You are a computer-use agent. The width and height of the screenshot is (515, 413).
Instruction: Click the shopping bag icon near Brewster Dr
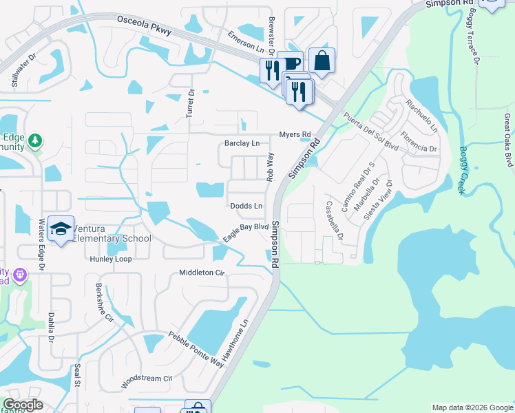click(x=322, y=60)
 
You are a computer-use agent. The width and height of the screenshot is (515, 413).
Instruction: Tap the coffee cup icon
click(x=291, y=63)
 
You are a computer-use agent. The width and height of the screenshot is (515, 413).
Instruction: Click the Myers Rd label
click(x=295, y=134)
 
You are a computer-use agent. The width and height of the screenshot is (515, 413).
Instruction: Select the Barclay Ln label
click(x=242, y=144)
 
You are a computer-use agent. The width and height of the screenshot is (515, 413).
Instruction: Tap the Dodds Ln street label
click(x=246, y=206)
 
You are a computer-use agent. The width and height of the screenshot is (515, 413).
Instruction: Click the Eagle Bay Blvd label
click(x=245, y=232)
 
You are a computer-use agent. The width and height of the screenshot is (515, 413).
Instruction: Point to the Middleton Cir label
click(x=202, y=273)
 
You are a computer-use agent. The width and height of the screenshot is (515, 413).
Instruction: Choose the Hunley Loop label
click(x=109, y=260)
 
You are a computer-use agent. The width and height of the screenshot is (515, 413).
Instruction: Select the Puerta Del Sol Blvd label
click(x=371, y=131)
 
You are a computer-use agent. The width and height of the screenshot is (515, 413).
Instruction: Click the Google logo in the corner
click(x=23, y=405)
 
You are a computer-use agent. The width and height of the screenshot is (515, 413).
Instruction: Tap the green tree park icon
click(x=34, y=142)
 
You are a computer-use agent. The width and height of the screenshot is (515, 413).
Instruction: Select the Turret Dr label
click(x=191, y=103)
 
